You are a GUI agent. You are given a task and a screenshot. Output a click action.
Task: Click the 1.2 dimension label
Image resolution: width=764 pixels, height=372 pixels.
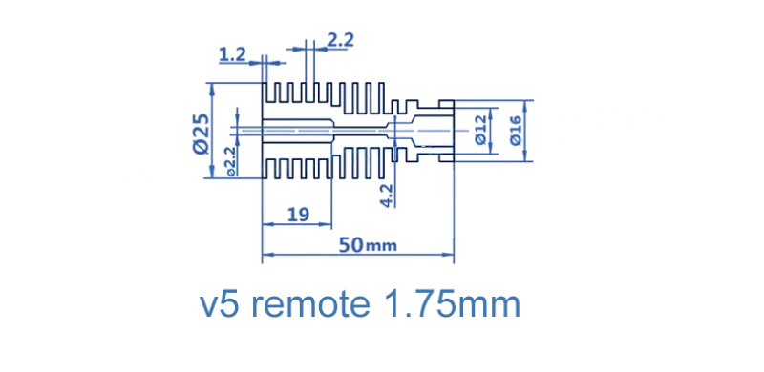click(x=232, y=55)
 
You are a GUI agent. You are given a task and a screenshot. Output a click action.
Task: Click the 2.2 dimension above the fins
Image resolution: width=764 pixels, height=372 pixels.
click(x=340, y=40)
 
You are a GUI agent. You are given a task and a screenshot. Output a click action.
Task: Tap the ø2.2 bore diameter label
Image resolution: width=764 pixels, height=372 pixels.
click(x=230, y=160)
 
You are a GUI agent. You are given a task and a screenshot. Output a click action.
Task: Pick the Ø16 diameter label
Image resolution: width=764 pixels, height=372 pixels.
click(x=515, y=131)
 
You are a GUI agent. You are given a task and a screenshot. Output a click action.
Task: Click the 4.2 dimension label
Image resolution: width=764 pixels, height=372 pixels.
click(x=388, y=196)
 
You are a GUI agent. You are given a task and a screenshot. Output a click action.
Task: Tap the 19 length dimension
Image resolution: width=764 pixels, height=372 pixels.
click(x=298, y=215)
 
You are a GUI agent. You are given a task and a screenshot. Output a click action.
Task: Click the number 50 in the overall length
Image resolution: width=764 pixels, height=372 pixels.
click(x=351, y=245)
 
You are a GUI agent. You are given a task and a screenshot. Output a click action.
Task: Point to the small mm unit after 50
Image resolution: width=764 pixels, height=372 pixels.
click(x=381, y=246)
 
